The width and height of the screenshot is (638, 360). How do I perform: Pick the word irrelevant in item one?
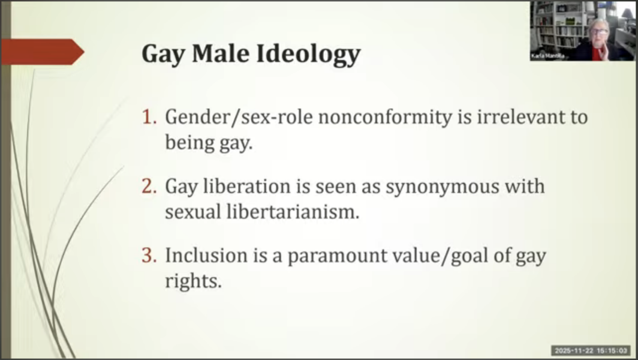tap(516, 117)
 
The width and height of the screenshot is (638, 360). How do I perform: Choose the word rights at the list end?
tap(193, 281)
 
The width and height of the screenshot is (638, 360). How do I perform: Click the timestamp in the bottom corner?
tap(591, 350)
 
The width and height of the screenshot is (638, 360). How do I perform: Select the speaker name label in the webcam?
tap(543, 56)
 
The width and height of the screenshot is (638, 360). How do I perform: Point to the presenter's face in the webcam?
tap(600, 33)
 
